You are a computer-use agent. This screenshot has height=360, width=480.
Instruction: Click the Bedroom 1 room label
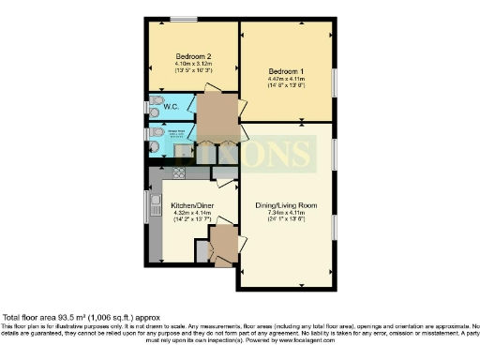tap(286, 71)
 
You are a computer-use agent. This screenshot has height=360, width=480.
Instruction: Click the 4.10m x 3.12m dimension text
tap(191, 64)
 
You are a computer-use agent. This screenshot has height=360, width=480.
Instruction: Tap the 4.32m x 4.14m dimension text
tap(189, 212)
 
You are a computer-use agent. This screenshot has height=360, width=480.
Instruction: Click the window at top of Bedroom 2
tap(184, 20)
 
